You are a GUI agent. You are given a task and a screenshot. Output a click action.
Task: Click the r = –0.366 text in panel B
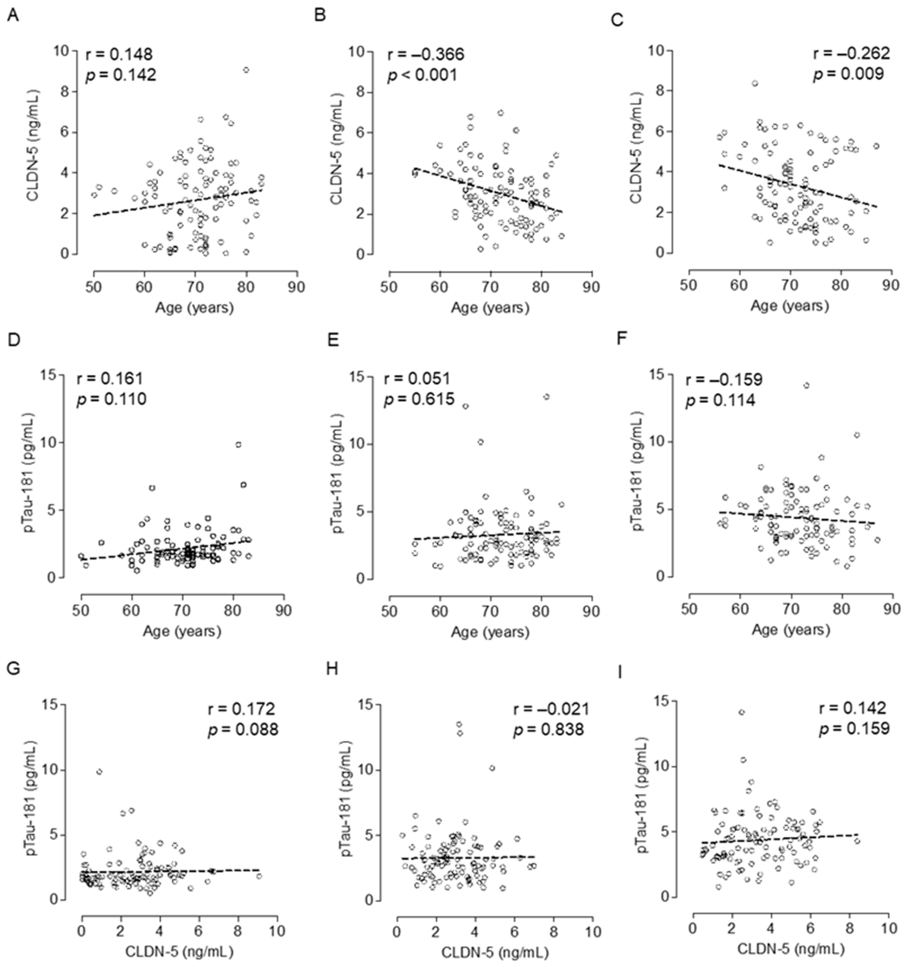tap(425, 54)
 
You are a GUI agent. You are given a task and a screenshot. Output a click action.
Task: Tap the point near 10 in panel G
tap(99, 772)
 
